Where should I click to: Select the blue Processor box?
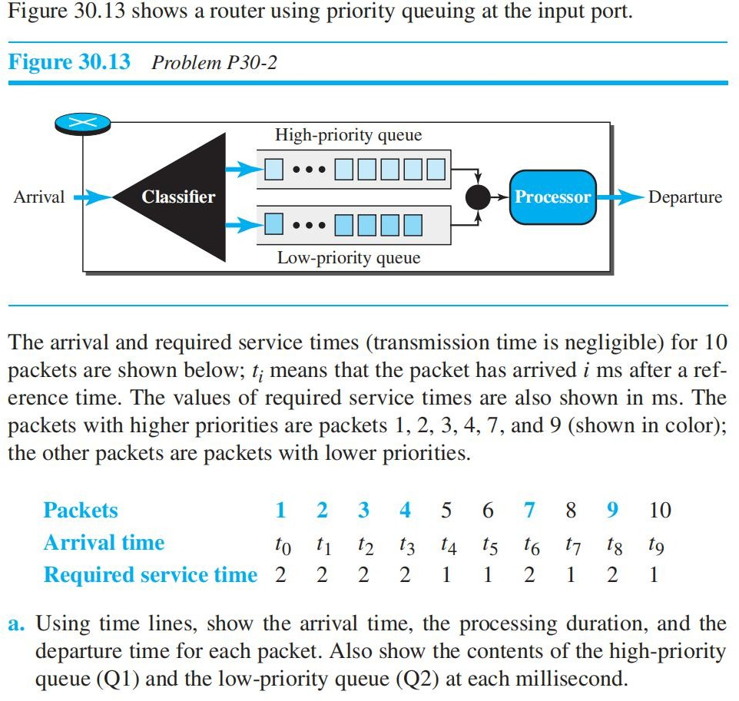pos(552,197)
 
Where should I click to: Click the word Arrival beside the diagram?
pos(39,197)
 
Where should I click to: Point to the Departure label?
pos(684,197)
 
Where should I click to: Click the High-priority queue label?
pos(348,136)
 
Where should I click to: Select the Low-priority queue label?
pos(348,258)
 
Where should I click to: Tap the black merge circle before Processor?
pos(478,197)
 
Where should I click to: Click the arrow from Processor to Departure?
pos(620,197)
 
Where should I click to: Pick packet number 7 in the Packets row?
pos(529,510)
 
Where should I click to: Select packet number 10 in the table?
pos(658,510)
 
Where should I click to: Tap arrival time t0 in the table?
pos(282,545)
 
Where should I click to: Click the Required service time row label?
pos(150,575)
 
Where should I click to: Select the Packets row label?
pos(81,510)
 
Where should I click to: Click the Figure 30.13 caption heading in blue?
pos(70,62)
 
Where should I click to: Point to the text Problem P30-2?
pos(214,63)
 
